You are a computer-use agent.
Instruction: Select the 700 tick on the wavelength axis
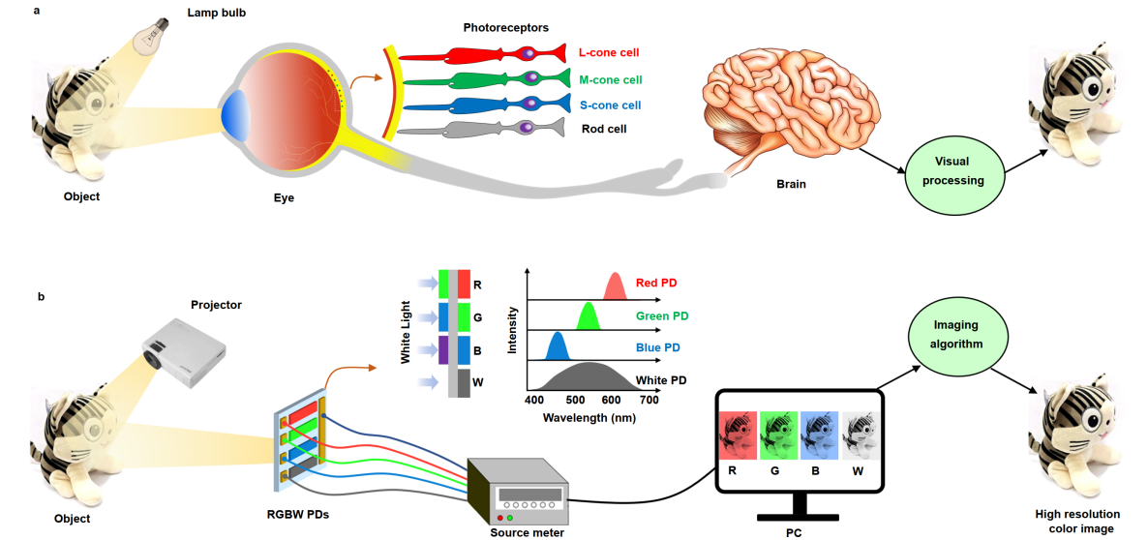click(x=649, y=399)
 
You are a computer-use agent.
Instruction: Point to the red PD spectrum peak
click(x=614, y=287)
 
